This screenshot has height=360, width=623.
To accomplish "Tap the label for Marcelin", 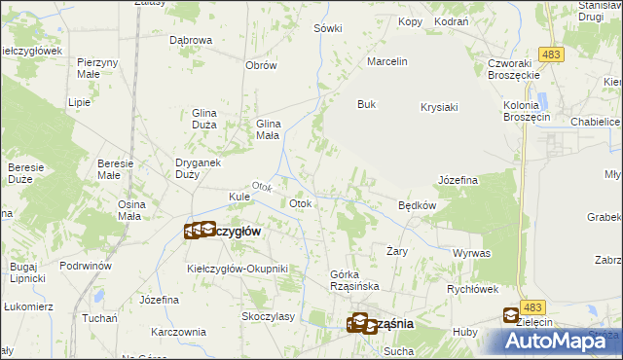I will click(386, 62).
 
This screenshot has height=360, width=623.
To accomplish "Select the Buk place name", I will click(366, 104).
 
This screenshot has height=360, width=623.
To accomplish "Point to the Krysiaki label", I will click(439, 108).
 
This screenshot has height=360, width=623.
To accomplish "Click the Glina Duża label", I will click(210, 119).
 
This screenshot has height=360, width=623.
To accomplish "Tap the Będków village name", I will click(417, 205).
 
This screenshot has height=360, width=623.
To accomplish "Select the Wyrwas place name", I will click(471, 252).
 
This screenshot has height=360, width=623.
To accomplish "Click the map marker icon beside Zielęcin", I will click(512, 314).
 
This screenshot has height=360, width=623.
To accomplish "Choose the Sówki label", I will click(328, 28).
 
